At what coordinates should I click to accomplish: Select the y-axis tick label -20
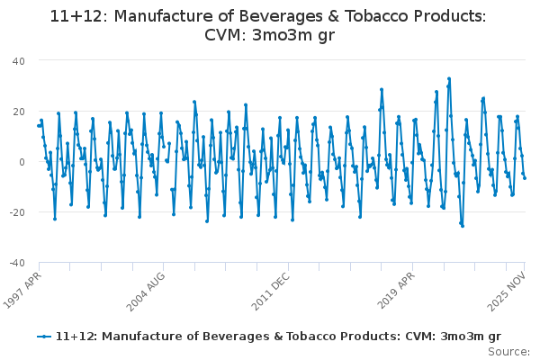pos(17,212)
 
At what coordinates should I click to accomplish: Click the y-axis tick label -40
pos(17,263)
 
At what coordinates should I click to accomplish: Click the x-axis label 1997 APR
pos(22,291)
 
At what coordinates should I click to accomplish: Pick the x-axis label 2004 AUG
pos(148,291)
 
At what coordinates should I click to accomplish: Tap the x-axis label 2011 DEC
pos(272,291)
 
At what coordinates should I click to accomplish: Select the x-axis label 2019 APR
pos(398,291)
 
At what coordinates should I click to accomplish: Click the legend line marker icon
pos(43,337)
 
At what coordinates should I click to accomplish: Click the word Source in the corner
pos(509,351)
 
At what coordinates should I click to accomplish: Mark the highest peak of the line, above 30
pos(449,79)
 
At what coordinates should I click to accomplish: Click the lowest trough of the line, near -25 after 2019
pos(463,226)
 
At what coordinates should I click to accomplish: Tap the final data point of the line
pos(525,178)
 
